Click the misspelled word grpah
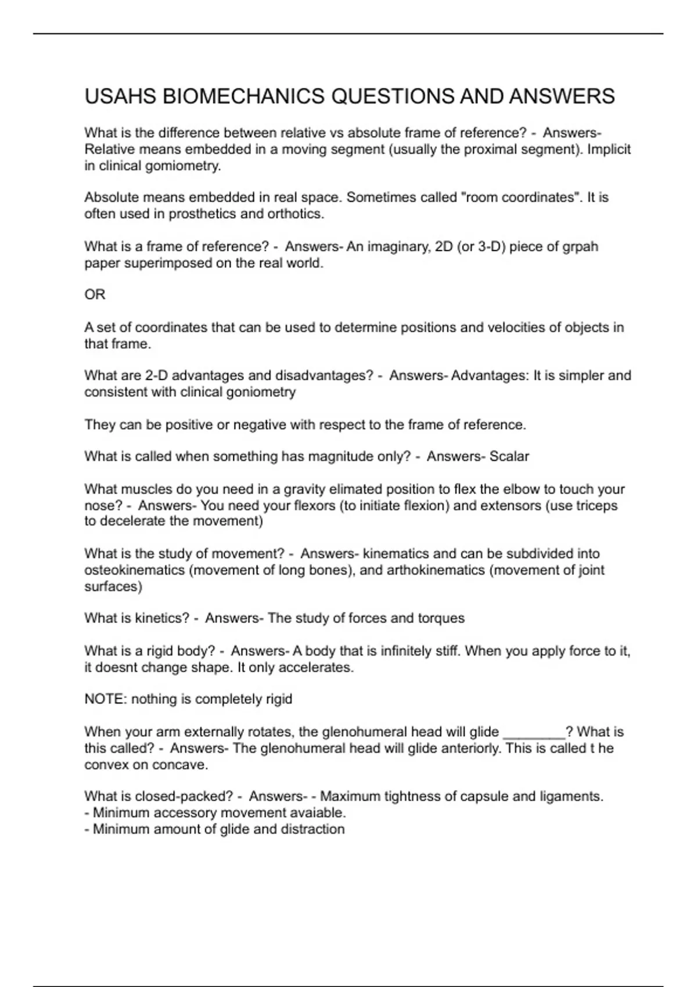(580, 247)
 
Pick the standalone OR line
(95, 295)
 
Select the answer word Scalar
(509, 456)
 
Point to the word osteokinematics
(135, 570)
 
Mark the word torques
(441, 618)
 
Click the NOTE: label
(106, 699)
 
